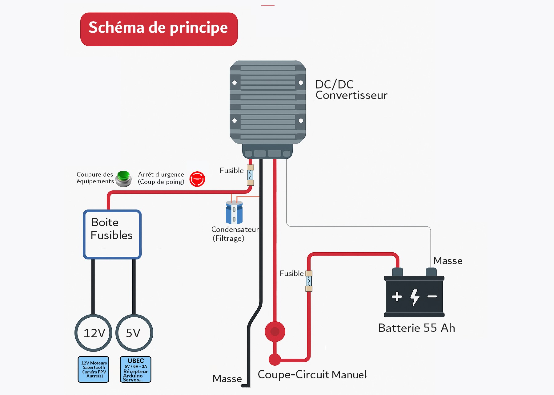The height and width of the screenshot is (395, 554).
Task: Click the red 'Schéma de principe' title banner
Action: coord(159,29)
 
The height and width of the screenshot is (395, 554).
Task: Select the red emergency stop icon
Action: coord(197,179)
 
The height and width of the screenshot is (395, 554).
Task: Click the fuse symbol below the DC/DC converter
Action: coord(251,175)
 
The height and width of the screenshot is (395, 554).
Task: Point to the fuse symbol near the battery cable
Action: coord(309,281)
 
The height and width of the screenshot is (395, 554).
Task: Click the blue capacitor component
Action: coord(234,212)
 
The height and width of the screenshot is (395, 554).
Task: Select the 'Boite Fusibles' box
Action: coord(112,234)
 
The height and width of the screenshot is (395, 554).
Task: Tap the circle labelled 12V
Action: coord(94,333)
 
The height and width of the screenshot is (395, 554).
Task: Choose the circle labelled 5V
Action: coord(134,333)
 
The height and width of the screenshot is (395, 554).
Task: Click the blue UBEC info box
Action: coord(135,369)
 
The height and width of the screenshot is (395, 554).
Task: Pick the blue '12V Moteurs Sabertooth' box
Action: coord(94,369)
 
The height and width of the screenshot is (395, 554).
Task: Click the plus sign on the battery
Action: coord(397,296)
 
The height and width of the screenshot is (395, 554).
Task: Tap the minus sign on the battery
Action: coord(432,296)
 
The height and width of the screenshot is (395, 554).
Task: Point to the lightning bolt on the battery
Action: coord(415,297)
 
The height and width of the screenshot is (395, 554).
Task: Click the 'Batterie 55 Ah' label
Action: coord(416,328)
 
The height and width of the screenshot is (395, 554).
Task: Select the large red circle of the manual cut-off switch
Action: coord(275,332)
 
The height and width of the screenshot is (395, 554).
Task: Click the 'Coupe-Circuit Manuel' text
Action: coord(312,375)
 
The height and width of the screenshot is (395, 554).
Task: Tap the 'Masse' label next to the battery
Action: coord(448,261)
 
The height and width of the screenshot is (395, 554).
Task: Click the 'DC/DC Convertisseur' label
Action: coord(351,90)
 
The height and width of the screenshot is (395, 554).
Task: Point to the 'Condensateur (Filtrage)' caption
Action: coord(235,234)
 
